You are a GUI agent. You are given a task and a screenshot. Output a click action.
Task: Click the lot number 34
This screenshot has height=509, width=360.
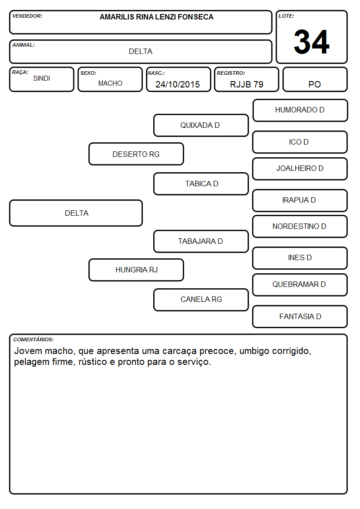click(311, 42)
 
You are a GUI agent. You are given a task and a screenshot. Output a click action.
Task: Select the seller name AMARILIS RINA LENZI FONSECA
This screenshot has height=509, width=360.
click(156, 17)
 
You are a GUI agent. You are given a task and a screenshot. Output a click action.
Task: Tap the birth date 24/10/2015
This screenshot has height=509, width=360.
click(178, 84)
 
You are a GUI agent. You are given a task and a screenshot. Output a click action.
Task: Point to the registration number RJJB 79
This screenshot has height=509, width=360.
click(246, 84)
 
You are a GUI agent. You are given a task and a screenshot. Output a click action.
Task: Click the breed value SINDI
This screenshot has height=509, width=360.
click(42, 78)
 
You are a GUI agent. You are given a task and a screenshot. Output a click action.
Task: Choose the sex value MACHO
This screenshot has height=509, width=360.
click(110, 83)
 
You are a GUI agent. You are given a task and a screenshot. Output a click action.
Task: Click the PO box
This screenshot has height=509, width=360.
click(315, 80)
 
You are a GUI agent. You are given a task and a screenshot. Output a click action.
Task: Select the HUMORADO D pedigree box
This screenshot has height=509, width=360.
click(300, 111)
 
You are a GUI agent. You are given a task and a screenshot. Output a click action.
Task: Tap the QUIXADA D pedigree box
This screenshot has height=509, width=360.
click(201, 125)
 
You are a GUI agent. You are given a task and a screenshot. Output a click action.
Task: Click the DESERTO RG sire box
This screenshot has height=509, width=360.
click(136, 154)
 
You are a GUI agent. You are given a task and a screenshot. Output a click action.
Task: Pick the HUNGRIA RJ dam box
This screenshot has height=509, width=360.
click(136, 270)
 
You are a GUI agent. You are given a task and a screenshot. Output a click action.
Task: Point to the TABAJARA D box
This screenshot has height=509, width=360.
click(201, 242)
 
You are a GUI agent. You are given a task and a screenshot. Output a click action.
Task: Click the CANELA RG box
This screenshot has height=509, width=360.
click(201, 300)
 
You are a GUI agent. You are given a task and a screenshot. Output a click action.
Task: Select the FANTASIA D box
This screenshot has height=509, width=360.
click(300, 317)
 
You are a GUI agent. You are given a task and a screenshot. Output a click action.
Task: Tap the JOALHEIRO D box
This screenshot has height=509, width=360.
click(300, 169)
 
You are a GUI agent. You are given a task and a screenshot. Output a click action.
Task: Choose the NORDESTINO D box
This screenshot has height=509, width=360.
click(300, 227)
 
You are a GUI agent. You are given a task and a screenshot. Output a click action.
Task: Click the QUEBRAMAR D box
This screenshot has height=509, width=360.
click(300, 285)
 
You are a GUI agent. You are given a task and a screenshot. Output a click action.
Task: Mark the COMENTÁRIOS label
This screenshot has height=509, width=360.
click(34, 339)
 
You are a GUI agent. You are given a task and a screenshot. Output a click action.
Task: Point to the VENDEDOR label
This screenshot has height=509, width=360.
click(27, 16)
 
